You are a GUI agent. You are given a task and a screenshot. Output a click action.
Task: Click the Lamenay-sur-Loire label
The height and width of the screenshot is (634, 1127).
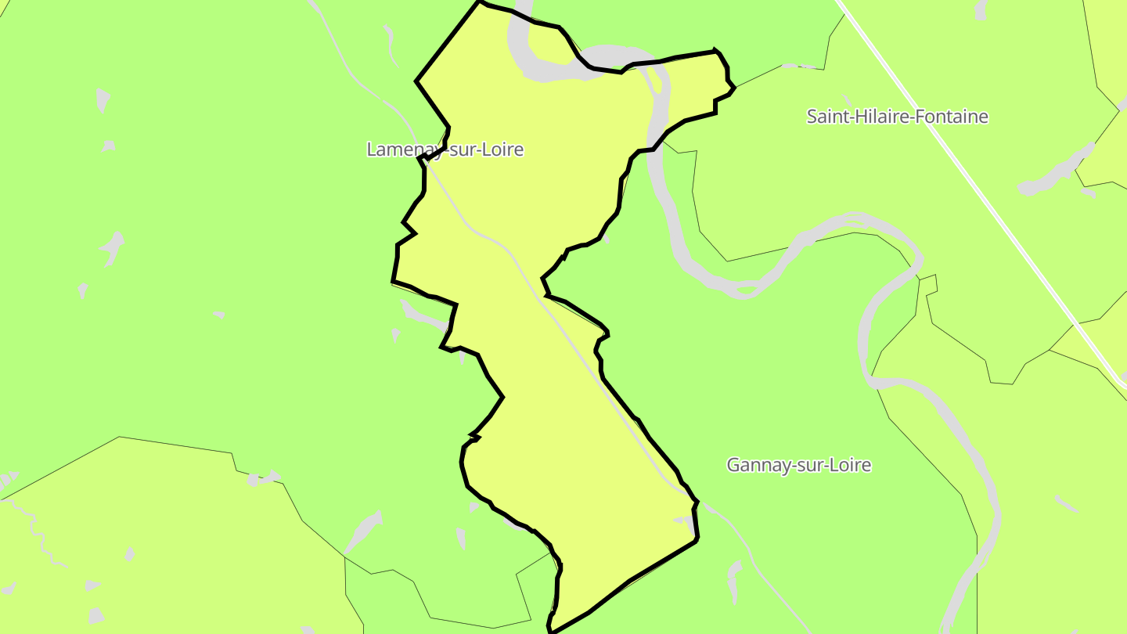tap(445, 149)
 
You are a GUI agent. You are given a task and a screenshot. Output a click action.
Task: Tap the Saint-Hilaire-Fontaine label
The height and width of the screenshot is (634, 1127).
tap(897, 117)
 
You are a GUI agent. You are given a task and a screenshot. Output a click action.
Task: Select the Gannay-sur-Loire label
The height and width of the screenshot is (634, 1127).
tap(798, 465)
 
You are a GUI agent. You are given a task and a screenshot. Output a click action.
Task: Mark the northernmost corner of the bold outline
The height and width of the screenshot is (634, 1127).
tap(481, 2)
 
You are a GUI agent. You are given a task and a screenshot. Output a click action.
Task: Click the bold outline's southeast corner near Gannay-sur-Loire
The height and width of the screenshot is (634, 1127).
tap(697, 539)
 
